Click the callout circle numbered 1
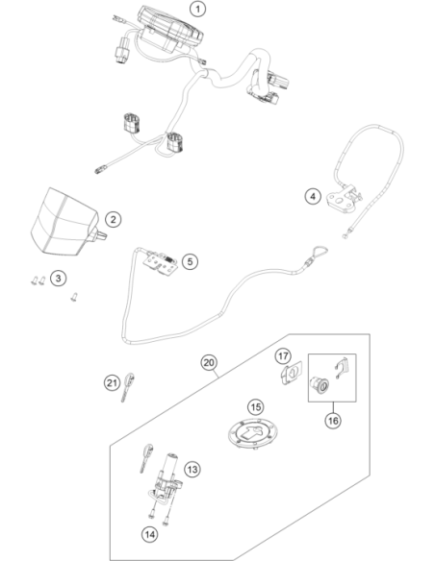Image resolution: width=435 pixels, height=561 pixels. [x=197, y=9]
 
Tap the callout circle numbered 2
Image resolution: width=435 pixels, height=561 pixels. [x=114, y=219]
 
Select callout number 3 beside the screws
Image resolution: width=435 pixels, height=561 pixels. [x=59, y=278]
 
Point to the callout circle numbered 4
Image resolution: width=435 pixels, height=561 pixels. [x=313, y=196]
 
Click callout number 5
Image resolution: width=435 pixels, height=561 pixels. [x=190, y=261]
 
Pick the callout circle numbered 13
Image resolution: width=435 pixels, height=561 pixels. [x=192, y=469]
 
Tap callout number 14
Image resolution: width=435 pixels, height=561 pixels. [x=149, y=534]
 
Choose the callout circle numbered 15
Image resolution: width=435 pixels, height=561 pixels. [x=255, y=407]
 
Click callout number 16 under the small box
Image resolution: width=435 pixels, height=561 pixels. [x=333, y=421]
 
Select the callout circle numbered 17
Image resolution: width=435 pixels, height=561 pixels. [x=283, y=356]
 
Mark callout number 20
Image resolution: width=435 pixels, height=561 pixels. [x=209, y=363]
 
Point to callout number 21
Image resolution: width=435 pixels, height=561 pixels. [x=113, y=383]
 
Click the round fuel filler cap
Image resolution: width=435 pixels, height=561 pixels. [x=253, y=434]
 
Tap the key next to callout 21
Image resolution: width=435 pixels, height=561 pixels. [x=128, y=386]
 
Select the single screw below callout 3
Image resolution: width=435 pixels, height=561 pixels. [x=74, y=297]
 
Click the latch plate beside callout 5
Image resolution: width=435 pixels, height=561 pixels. [x=161, y=263]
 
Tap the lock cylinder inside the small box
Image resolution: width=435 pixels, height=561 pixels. [x=320, y=384]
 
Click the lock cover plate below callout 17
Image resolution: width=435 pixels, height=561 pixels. [x=291, y=373]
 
